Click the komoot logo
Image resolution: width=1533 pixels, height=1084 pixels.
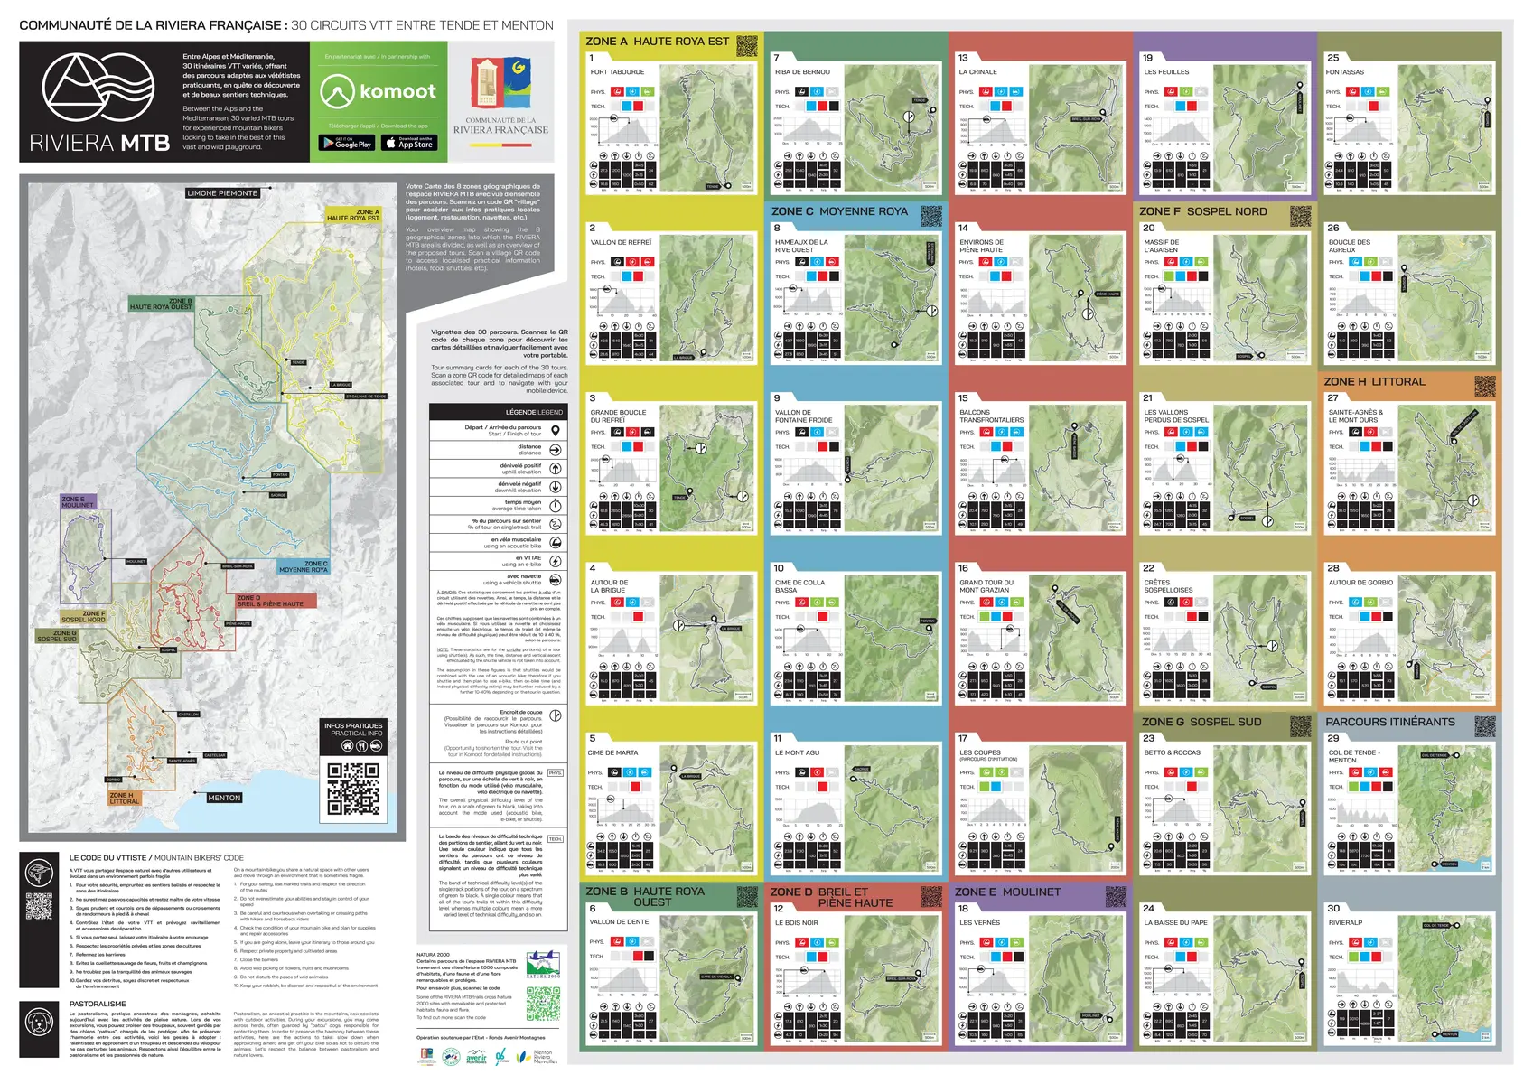click(x=379, y=91)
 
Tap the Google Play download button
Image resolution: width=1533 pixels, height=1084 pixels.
click(x=346, y=143)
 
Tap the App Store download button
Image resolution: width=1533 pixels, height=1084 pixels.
click(x=408, y=143)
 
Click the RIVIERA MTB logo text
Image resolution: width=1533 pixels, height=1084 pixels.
click(x=99, y=143)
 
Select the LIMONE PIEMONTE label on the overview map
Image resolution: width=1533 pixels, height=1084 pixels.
click(x=222, y=193)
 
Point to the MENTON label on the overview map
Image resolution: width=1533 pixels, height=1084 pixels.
click(x=224, y=798)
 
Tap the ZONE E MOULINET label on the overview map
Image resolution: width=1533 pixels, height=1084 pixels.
click(x=77, y=501)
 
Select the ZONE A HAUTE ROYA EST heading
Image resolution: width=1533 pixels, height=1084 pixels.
click(x=657, y=42)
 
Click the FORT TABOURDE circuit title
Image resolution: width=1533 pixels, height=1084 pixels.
click(x=617, y=72)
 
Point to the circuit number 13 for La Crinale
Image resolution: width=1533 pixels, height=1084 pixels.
click(x=963, y=58)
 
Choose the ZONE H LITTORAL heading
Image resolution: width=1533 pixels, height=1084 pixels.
click(x=1374, y=382)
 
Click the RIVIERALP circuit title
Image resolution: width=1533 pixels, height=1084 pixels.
click(x=1345, y=922)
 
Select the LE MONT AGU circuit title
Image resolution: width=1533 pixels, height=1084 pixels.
click(x=797, y=752)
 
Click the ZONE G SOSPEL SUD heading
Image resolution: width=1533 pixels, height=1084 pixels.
click(x=1201, y=722)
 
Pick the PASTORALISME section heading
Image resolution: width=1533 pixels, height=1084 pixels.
click(x=98, y=1004)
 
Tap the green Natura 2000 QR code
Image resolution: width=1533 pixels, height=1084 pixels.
click(x=543, y=1003)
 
